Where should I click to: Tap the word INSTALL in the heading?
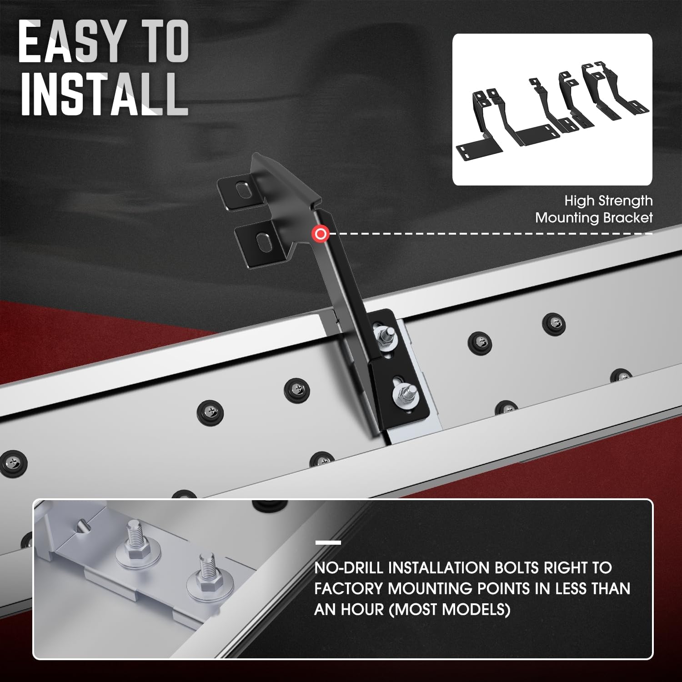[104, 95]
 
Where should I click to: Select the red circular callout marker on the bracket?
[321, 234]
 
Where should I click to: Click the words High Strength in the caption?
[608, 201]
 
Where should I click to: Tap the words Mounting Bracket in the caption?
[594, 218]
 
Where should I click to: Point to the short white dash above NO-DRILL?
[328, 542]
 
